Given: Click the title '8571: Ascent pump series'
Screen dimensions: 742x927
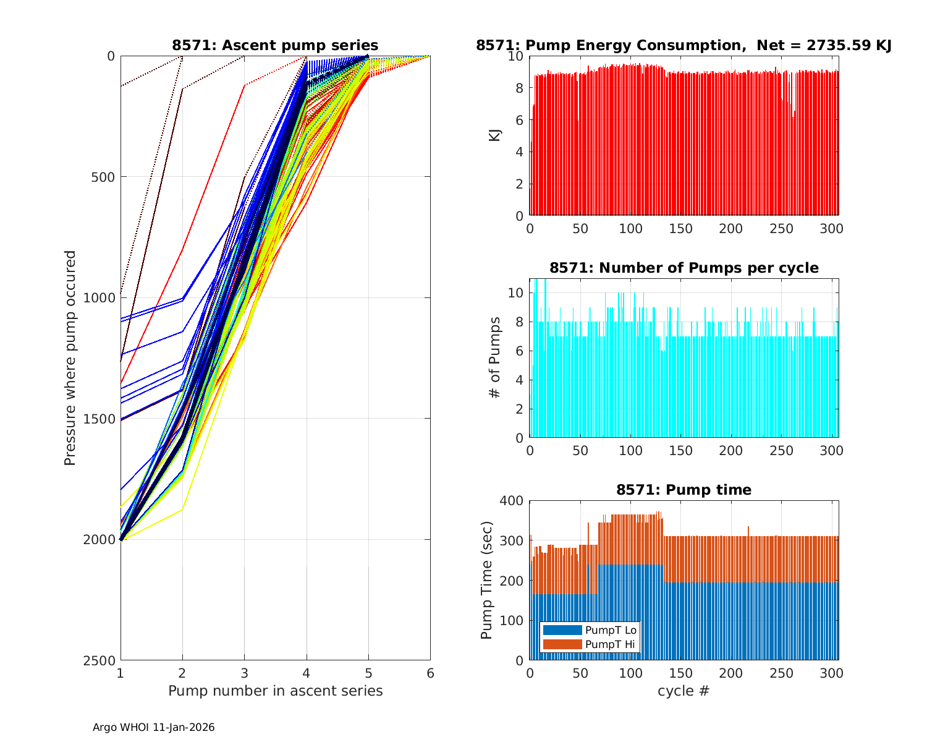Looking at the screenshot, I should (275, 45).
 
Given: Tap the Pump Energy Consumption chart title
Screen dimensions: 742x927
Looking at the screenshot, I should (684, 45).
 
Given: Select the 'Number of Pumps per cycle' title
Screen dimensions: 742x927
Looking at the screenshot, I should (684, 268).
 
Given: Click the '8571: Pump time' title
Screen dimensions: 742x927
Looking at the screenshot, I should (684, 490).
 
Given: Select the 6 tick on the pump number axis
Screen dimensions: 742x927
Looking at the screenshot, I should (430, 673).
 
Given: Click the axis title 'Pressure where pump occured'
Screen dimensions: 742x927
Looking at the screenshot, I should (70, 358).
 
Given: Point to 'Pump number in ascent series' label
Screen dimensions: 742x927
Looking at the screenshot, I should (275, 691).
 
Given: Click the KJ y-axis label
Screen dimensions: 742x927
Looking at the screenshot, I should (494, 135).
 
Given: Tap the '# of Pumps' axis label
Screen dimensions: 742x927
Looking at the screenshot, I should (494, 358).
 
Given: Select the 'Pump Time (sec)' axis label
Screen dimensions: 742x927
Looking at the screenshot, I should (487, 581).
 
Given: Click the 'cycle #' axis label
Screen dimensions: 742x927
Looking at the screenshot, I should (684, 691).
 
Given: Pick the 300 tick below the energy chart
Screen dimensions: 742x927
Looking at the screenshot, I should (832, 228).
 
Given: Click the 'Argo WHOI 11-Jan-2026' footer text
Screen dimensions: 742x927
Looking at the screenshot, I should (154, 727).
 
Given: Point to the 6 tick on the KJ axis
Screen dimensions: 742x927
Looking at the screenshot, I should (519, 120).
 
